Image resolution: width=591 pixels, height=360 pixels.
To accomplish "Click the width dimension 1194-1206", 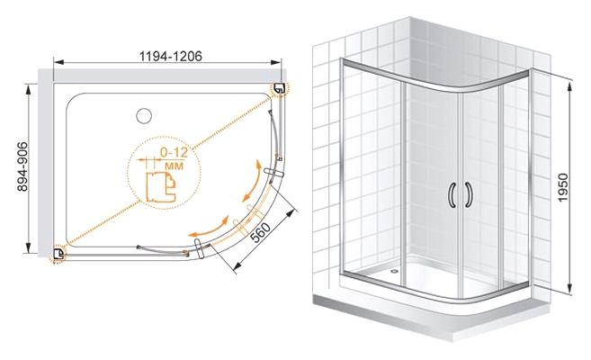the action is tap(171, 56).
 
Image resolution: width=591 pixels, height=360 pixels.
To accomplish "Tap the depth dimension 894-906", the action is tap(22, 166).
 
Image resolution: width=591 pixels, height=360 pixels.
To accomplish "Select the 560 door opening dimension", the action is tap(261, 232).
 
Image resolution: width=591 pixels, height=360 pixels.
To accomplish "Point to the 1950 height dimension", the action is tap(563, 187).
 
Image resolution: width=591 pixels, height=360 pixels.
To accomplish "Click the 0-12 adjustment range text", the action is tap(174, 152).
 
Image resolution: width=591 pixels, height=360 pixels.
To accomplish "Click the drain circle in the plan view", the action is tap(144, 116).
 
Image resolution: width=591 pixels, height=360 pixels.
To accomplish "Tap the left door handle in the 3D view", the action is tap(452, 195).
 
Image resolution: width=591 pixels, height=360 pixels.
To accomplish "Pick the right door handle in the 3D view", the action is tap(470, 195).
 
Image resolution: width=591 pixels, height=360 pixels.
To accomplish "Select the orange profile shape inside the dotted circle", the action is tap(161, 187).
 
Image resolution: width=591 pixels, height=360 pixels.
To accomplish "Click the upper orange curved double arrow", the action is tap(252, 181).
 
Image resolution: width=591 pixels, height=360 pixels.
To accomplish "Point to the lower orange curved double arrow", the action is tap(210, 227).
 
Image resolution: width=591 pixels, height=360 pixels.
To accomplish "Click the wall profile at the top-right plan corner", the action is tap(279, 89).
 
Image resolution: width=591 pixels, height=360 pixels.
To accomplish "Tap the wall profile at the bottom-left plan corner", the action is tap(58, 254).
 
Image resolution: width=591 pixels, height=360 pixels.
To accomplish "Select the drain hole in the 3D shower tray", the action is tap(394, 270).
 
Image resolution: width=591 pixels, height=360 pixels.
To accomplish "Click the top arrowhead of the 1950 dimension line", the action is tap(569, 84).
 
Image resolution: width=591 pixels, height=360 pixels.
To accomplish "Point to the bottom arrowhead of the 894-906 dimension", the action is tap(28, 247).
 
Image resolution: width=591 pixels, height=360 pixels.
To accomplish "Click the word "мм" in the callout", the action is tap(175, 166).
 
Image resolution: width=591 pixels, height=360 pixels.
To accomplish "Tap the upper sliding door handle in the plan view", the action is tap(274, 172).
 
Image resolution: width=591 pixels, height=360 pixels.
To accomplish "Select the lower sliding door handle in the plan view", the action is tap(199, 248).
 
